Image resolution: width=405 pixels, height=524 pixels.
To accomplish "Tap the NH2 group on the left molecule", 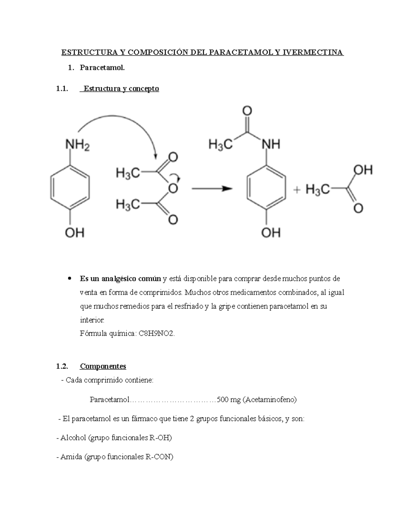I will coord(77,146).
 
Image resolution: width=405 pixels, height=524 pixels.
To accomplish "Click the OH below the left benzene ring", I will coord(75,232).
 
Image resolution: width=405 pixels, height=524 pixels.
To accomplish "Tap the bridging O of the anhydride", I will coord(173,189).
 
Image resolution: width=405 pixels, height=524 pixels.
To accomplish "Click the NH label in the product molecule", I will coord(271,144).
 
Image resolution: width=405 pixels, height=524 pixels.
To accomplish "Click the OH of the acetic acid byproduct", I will coord(363,170).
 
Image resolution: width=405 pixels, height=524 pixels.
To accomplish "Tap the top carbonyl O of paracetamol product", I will coord(247,111).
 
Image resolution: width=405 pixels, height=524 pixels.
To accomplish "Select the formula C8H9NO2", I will coord(157,334).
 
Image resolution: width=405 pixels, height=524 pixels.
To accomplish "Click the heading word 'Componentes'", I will coord(103,366).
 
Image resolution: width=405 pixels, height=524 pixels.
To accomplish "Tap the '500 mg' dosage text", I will coord(229,400).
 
